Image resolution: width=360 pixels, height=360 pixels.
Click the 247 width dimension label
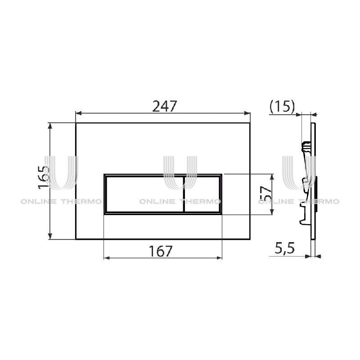click(165, 106)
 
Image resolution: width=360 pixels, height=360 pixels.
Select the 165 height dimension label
click(44, 177)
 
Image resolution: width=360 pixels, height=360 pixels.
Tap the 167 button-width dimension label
click(161, 251)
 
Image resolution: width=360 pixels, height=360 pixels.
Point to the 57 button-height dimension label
click(266, 193)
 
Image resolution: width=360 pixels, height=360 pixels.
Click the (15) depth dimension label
click(282, 107)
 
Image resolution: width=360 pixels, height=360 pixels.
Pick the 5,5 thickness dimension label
click(285, 248)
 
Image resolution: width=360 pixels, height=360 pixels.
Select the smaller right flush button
click(202, 194)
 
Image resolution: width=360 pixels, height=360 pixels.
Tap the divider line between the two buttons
click(184, 194)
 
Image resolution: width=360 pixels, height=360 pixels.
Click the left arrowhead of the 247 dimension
click(78, 113)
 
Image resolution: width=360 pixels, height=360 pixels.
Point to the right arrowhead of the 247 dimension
click(247, 113)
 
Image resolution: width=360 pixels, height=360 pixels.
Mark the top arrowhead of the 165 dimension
click(50, 126)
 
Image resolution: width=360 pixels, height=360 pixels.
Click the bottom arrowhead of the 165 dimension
click(50, 236)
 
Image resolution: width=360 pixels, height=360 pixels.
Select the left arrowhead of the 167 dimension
click(107, 258)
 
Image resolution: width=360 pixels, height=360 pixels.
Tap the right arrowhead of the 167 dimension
click(219, 258)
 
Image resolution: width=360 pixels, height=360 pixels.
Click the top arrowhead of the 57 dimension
click(272, 177)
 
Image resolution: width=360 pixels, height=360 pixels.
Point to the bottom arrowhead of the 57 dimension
click(272, 211)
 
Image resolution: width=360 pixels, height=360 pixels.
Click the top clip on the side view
click(306, 146)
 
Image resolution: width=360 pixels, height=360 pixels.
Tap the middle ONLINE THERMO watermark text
click(180, 202)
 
